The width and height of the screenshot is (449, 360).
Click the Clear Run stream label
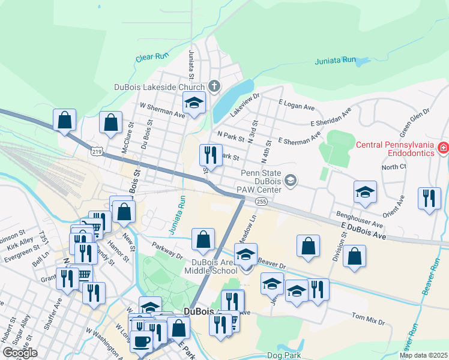pyautogui.click(x=150, y=58)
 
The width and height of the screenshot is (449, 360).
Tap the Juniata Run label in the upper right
pyautogui.click(x=336, y=61)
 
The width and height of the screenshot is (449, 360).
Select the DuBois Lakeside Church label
pyautogui.click(x=159, y=86)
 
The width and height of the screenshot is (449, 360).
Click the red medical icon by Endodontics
pyautogui.click(x=443, y=147)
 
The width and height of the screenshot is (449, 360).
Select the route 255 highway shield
pyautogui.click(x=261, y=202)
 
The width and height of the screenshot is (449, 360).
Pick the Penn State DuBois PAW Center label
pyautogui.click(x=261, y=181)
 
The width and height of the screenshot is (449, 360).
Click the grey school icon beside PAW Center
pyautogui.click(x=291, y=180)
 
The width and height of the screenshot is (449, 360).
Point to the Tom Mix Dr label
pyautogui.click(x=368, y=319)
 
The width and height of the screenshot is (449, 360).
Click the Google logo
pyautogui.click(x=20, y=353)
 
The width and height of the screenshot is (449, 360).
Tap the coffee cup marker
pyautogui.click(x=141, y=341)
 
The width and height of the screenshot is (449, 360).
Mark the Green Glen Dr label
pyautogui.click(x=415, y=121)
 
